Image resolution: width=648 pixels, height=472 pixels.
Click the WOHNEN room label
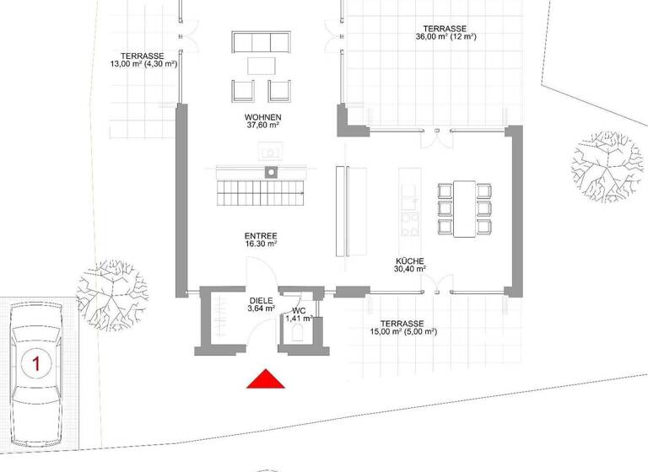pyautogui.click(x=262, y=117)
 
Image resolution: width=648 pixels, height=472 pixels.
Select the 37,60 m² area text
pyautogui.click(x=262, y=127)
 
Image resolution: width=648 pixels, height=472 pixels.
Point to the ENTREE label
pyautogui.click(x=262, y=236)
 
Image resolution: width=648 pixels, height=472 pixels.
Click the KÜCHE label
pyautogui.click(x=408, y=261)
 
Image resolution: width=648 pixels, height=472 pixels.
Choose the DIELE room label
pyautogui.click(x=262, y=299)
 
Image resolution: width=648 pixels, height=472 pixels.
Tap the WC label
pyautogui.click(x=299, y=309)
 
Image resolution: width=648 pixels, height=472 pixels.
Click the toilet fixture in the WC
pyautogui.click(x=298, y=334)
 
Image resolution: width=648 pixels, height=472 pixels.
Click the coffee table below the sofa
pyautogui.click(x=261, y=65)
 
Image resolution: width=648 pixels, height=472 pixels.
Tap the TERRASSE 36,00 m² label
pyautogui.click(x=446, y=31)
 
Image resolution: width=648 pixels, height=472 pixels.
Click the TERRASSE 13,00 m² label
pyautogui.click(x=143, y=58)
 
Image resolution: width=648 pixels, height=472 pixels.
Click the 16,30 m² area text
pyautogui.click(x=262, y=245)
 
